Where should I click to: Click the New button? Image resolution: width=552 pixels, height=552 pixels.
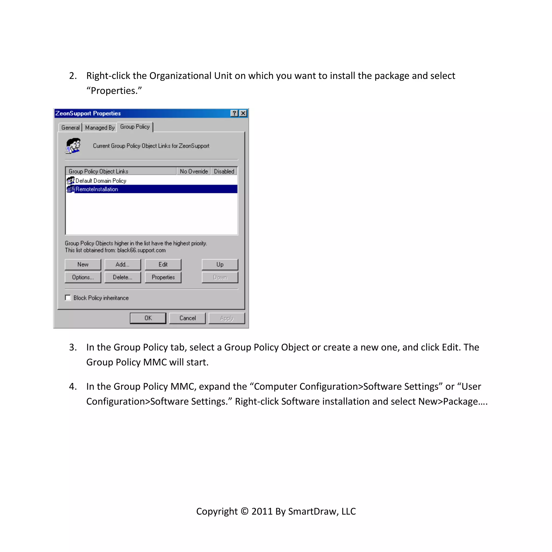pos(83,264)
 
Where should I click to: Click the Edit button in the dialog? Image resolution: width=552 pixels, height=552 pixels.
pos(163,264)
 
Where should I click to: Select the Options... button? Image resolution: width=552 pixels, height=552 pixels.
pos(83,277)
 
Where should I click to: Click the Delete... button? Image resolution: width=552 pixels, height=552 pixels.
pos(123,277)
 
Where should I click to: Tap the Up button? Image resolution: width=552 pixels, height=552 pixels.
pos(220,264)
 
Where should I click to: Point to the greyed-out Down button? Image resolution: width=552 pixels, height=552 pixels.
pos(220,277)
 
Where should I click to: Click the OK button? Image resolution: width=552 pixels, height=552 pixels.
pos(148,318)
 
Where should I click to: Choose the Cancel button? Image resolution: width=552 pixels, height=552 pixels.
pos(187,318)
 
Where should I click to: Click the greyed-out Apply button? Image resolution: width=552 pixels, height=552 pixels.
pos(227,318)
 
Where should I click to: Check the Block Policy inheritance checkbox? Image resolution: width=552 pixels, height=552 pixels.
pos(68,298)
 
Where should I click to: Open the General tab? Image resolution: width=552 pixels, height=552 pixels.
pos(70,127)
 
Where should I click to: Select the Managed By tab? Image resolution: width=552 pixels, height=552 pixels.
pos(100,127)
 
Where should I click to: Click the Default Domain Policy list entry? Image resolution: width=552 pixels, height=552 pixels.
pos(101,181)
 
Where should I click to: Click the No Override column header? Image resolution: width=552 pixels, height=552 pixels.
pos(194,171)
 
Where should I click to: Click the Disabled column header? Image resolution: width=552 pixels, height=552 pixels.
pos(224,171)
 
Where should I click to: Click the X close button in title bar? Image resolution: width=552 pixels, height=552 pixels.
pos(243,113)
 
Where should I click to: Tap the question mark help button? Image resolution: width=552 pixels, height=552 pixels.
pos(234,113)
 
